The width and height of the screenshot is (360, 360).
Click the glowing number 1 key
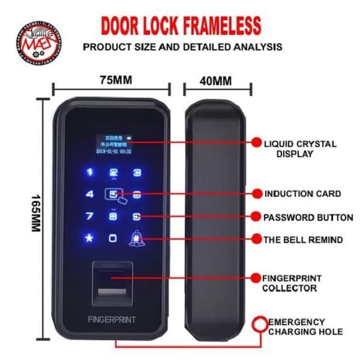90,173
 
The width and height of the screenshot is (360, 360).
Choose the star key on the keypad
90,238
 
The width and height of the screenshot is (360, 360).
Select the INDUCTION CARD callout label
302,194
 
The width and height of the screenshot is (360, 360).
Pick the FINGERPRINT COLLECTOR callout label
292,283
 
